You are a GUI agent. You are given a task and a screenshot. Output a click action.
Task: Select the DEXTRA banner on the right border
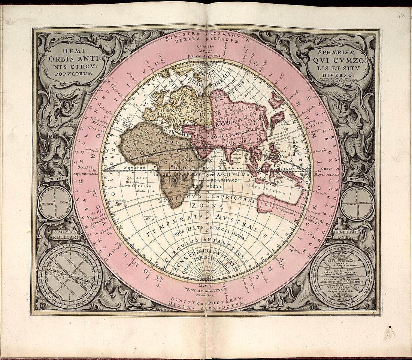[357, 179]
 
